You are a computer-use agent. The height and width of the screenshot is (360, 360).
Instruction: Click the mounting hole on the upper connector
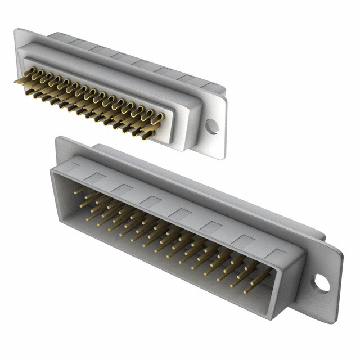(x=211, y=126)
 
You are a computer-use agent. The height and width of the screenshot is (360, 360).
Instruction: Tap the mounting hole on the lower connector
(x=321, y=283)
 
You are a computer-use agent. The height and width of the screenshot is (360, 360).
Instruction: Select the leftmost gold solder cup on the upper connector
(x=19, y=80)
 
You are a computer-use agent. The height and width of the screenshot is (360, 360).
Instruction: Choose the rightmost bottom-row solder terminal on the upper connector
(x=147, y=135)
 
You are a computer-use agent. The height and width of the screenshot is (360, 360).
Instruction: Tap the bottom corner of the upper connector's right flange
(x=220, y=157)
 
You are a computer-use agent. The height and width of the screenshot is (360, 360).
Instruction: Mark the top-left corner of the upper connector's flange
(x=17, y=30)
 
